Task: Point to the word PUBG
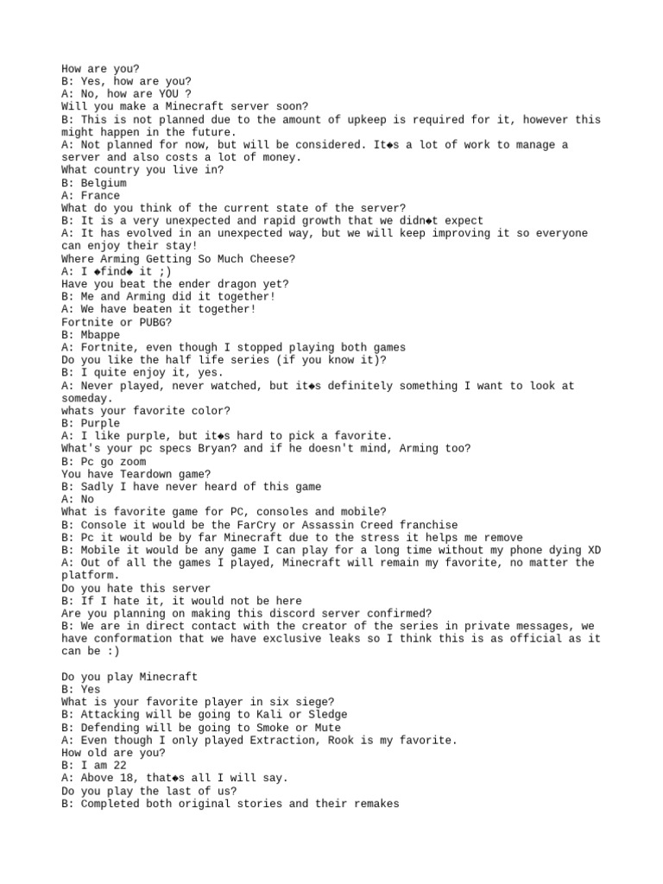(152, 322)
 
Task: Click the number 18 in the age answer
(136, 778)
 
